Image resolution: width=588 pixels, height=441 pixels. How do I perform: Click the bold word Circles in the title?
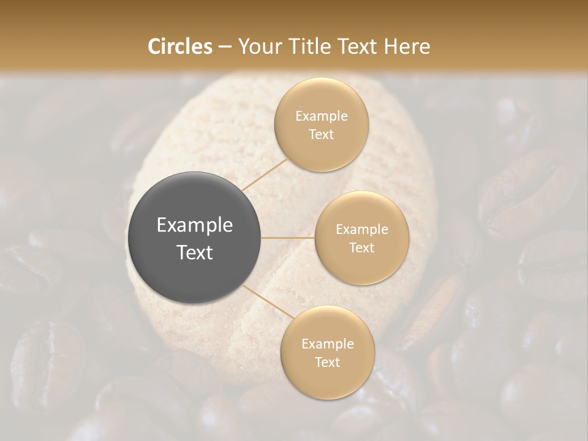[180, 47]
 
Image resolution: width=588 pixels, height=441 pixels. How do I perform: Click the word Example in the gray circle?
[195, 225]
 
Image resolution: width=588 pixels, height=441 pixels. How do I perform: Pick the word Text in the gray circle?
[195, 252]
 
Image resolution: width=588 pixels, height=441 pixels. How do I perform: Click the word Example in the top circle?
[322, 116]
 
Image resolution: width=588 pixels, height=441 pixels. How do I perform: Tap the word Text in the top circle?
[321, 135]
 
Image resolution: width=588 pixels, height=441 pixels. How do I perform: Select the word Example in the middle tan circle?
[362, 230]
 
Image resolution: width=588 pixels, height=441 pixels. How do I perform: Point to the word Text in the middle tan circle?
[361, 248]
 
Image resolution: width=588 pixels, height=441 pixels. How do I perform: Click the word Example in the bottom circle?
[328, 344]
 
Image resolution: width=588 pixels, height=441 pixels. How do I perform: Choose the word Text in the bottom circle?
[327, 363]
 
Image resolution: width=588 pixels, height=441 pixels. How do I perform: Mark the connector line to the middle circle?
[288, 238]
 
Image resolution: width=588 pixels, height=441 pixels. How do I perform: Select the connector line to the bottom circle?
[267, 300]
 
